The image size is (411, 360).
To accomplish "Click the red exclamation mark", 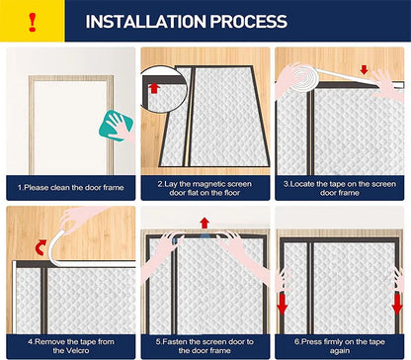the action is coord(32,22).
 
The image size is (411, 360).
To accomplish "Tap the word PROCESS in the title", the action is coord(248,22).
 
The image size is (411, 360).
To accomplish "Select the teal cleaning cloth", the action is coord(116,126).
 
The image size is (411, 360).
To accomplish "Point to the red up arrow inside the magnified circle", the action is coord(154,88).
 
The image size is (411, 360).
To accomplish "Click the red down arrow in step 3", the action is coord(364,69).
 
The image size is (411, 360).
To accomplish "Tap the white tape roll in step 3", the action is coord(305,78).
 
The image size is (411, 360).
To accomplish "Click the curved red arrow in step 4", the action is coord(41,247).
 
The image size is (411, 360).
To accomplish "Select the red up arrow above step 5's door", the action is coord(205,223).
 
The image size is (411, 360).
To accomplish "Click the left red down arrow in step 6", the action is coord(283,304).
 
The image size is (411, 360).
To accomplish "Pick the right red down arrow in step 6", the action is coord(397,304).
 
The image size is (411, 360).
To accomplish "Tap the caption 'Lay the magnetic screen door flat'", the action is coord(205,188).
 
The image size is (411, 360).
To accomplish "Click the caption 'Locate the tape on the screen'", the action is coord(340,184).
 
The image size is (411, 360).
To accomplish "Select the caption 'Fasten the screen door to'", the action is coord(205,342).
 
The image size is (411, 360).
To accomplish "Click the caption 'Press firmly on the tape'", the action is coord(340,342).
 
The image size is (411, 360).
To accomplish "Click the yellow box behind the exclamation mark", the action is coord(33,21).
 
